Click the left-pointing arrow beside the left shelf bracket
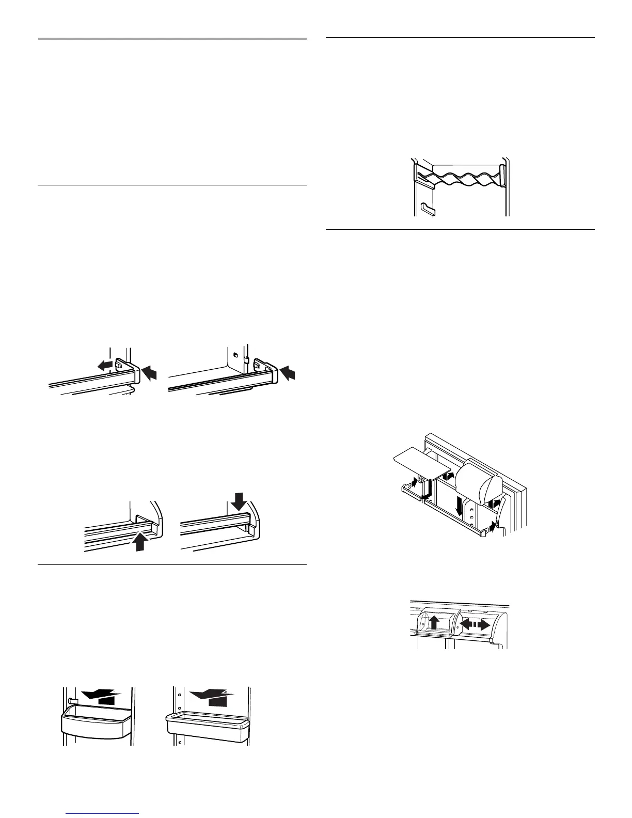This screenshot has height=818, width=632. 105,366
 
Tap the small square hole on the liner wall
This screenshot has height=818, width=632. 235,355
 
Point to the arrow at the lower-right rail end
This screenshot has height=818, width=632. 493,528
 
